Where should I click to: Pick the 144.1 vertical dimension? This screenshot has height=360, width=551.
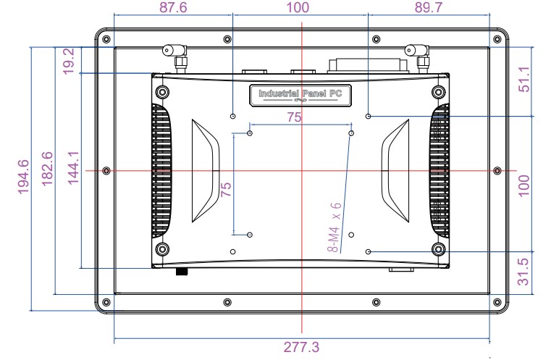[x=73, y=169]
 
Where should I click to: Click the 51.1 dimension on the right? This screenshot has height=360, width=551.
[x=525, y=79]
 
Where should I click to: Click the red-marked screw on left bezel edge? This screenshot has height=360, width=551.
[x=107, y=170]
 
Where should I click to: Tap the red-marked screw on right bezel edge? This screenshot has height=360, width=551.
[x=496, y=170]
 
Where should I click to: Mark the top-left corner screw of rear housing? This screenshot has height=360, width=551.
[x=161, y=92]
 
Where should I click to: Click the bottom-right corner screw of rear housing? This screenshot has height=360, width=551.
[x=438, y=249]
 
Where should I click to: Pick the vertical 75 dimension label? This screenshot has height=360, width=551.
[x=226, y=190]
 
